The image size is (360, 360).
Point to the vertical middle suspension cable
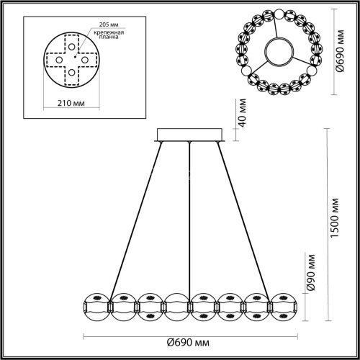pyautogui.click(x=190, y=216)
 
